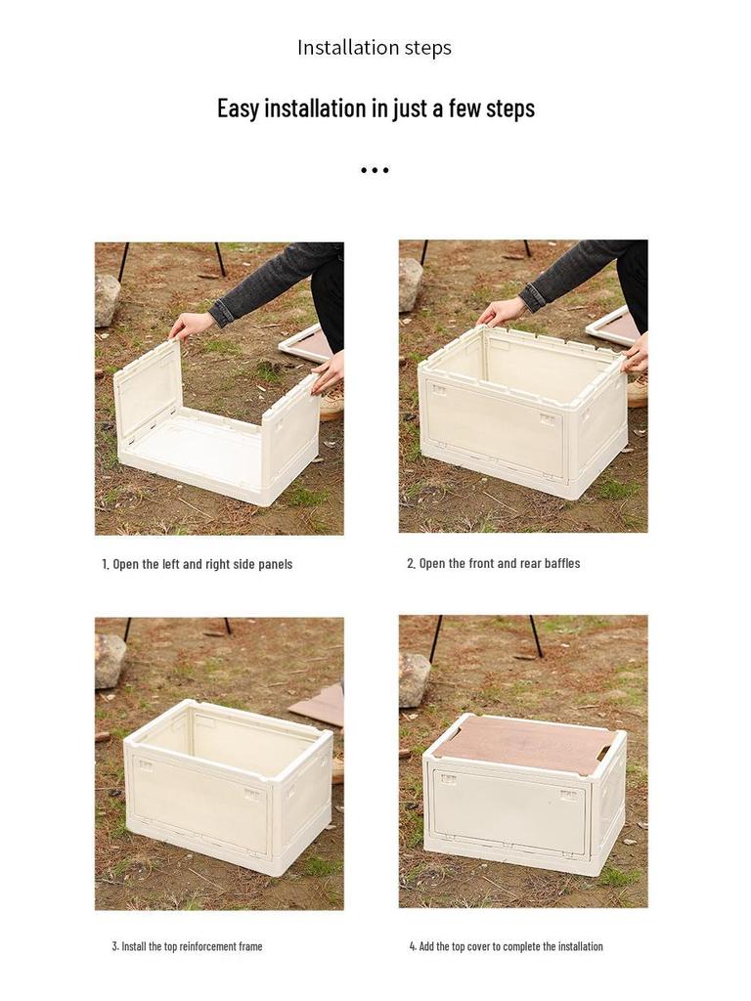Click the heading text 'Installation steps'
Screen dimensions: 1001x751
coord(375,48)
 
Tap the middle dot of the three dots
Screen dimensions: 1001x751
coord(375,170)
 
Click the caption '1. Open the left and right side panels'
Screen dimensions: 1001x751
coord(198,564)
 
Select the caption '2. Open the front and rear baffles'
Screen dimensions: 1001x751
coord(494,563)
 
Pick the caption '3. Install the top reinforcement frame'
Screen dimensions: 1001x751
coord(187,946)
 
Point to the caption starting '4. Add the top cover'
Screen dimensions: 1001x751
coord(506,946)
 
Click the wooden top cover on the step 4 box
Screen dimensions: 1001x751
coord(524,743)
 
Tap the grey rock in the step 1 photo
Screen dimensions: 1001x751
coord(107,298)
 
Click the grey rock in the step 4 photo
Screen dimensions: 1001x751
coord(414,678)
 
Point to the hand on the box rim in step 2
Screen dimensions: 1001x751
coord(501,312)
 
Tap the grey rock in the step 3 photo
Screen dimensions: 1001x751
coord(110,660)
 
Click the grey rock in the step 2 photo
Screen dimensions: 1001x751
coord(411,283)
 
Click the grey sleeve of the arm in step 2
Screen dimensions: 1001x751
coord(577,270)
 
